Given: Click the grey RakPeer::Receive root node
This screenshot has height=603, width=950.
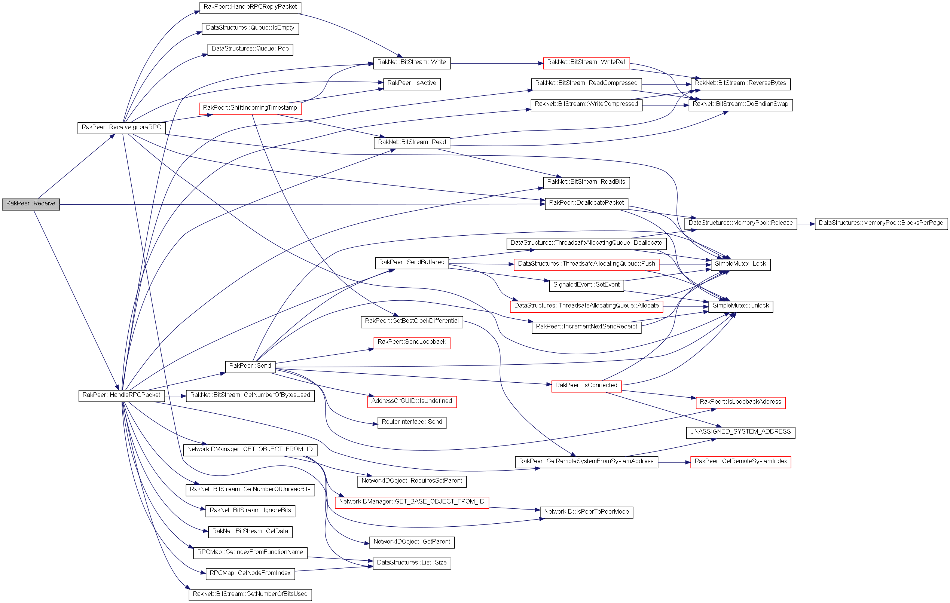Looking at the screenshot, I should pos(31,204).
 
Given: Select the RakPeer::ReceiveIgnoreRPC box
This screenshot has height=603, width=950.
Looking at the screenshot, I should pos(121,128).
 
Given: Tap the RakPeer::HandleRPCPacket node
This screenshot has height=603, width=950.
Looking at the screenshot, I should pos(121,395).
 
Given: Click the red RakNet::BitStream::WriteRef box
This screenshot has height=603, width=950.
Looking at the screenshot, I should pos(586,62).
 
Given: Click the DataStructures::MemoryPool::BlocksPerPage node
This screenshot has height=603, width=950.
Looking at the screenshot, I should pos(881,223).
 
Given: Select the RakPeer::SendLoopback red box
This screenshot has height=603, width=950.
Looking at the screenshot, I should pos(412,342).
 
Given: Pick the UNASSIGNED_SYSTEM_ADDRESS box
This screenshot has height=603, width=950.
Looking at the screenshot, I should pos(740,432).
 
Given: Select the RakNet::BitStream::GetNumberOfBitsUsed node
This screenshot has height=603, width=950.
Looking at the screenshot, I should pos(250,594).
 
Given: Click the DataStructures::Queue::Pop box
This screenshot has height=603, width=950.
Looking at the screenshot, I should pos(250,49).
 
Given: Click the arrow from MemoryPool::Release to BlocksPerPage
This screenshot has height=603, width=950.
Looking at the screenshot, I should pos(806,224).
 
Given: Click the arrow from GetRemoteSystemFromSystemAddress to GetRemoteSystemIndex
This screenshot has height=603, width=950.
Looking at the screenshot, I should pos(674,462).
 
